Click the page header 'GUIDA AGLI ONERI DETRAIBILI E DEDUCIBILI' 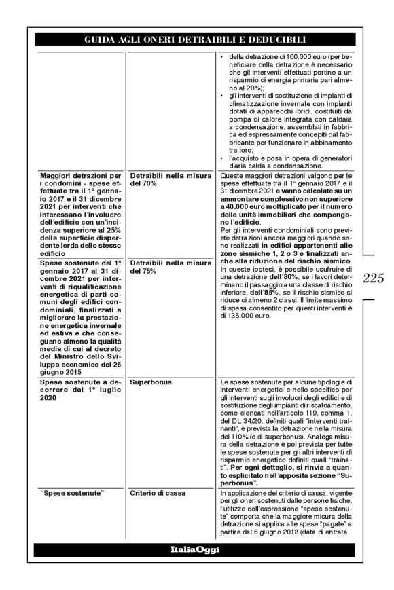(196, 40)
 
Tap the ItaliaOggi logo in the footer (196, 550)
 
